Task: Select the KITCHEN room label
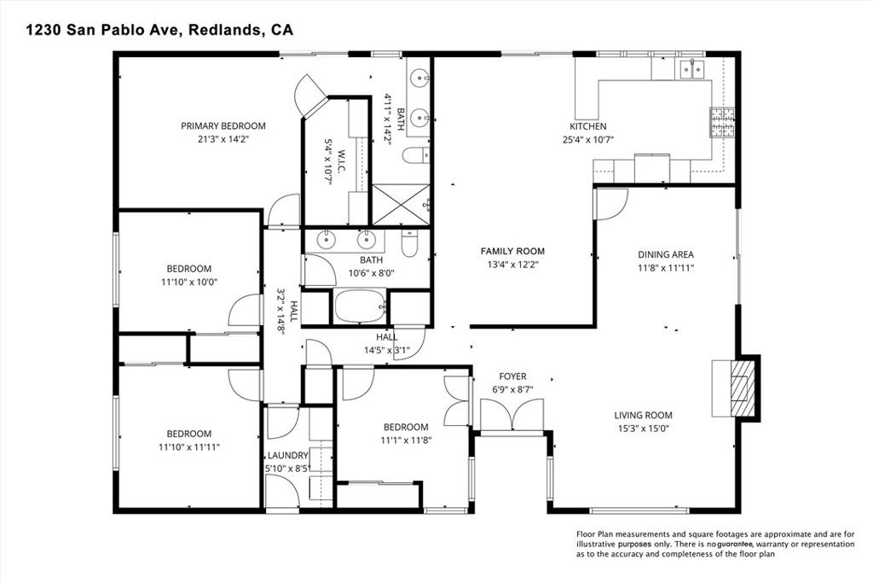588,126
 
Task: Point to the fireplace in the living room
734,387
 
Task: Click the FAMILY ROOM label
512,251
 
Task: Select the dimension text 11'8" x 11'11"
666,267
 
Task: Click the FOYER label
512,376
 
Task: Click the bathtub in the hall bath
360,307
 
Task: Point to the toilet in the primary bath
415,156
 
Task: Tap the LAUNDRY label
287,455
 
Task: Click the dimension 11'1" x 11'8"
405,440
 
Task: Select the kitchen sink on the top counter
691,67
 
